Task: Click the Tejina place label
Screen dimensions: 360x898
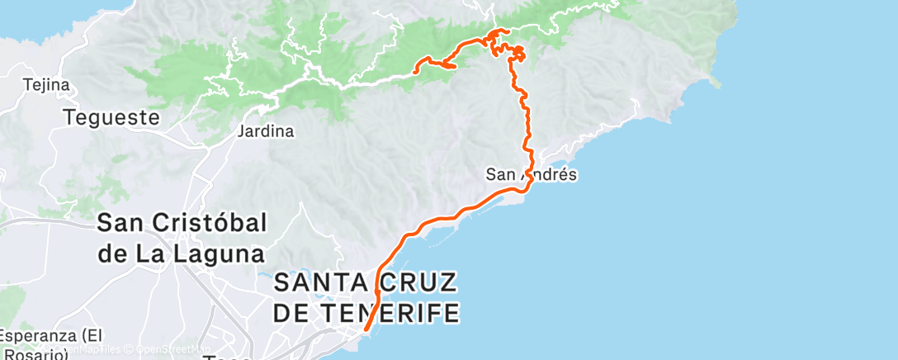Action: pyautogui.click(x=46, y=85)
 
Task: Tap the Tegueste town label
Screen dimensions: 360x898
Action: pyautogui.click(x=111, y=117)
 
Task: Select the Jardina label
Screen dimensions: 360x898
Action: pyautogui.click(x=265, y=131)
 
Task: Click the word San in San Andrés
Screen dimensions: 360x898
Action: pyautogui.click(x=499, y=174)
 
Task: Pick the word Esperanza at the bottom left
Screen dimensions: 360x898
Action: pyautogui.click(x=36, y=336)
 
